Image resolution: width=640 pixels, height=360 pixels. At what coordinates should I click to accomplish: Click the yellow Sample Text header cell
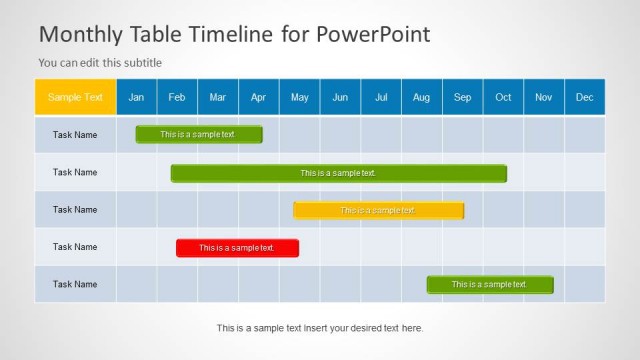tap(75, 97)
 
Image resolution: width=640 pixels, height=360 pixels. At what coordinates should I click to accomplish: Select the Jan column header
tap(137, 97)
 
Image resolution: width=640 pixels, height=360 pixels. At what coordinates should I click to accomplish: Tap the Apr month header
tap(259, 97)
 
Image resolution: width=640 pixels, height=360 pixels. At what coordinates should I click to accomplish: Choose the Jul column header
tap(381, 97)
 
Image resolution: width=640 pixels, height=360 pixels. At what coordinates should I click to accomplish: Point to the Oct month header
tap(503, 97)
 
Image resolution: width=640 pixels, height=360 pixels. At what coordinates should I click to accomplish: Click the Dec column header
tap(585, 97)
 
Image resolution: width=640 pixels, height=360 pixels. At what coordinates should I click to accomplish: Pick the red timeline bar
tap(237, 248)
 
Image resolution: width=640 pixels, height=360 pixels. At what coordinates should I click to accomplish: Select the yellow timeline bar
tap(378, 210)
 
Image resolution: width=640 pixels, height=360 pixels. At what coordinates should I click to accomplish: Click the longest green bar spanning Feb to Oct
tap(338, 173)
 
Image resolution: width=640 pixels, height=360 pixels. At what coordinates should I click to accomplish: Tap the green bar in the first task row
tap(199, 134)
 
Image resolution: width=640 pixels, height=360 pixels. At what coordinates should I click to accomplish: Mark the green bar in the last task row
tap(490, 284)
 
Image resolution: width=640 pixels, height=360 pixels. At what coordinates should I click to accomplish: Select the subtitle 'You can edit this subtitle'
tap(100, 62)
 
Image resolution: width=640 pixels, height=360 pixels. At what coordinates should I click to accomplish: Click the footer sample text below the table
tap(320, 327)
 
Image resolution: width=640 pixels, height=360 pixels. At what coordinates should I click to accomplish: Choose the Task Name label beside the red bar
tap(75, 247)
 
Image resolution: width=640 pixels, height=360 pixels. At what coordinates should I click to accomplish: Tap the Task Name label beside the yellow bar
tap(75, 210)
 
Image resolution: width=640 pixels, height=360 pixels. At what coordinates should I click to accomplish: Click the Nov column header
tap(544, 97)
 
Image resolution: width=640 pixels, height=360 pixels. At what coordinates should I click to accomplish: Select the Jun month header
tap(340, 97)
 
